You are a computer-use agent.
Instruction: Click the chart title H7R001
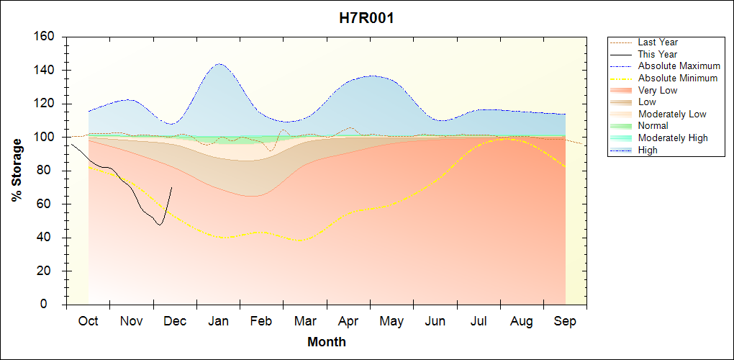coord(366,18)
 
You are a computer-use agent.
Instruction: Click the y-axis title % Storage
coord(17,170)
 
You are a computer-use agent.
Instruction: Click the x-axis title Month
coord(327,342)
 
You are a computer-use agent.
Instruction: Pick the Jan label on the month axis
coord(218,321)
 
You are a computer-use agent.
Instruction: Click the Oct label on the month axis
coord(88,321)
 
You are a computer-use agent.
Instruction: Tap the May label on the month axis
coord(391,321)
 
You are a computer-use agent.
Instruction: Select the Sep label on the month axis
coord(565,321)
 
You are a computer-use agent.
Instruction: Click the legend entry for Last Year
coord(658,42)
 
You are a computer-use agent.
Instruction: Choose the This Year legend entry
coord(658,54)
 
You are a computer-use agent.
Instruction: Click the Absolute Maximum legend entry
coord(679,66)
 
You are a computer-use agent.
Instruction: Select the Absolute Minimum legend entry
coord(678,78)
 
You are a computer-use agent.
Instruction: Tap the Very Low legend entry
coord(658,91)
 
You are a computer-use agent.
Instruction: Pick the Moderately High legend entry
coord(673,138)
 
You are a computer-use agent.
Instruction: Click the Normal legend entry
coord(653,126)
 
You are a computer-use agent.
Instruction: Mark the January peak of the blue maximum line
coord(219,63)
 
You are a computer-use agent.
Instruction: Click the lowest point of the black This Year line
coord(159,225)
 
